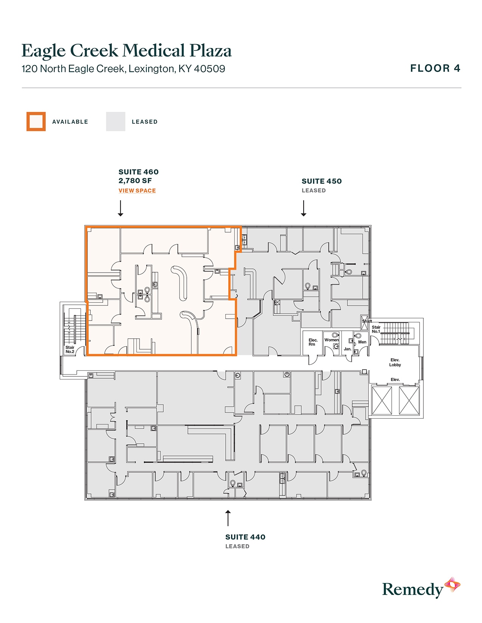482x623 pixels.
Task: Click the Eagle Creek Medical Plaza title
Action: pos(126,51)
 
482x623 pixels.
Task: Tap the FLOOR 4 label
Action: pos(435,68)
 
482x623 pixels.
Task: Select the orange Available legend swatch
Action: pos(36,122)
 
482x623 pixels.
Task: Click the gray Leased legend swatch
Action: pos(116,122)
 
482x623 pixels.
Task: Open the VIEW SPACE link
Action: pos(137,191)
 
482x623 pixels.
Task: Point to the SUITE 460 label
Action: pos(138,172)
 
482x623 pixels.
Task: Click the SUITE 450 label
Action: pos(321,181)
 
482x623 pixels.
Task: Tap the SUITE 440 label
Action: pos(245,537)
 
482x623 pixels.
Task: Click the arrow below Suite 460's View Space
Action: pos(121,208)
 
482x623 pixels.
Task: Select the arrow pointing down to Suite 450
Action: pos(304,208)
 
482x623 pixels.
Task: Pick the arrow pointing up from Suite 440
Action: pos(228,518)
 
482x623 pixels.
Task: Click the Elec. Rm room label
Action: pos(313,342)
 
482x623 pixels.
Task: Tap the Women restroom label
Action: pos(332,340)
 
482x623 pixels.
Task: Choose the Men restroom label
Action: pos(362,342)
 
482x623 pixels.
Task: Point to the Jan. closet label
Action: pos(347,349)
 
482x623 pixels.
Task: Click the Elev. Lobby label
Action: pos(395,362)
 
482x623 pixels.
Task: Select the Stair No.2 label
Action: pos(70,350)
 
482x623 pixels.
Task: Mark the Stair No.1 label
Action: pos(376,329)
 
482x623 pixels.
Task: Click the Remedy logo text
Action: pos(412,589)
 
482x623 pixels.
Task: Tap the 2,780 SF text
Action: pos(135,181)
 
